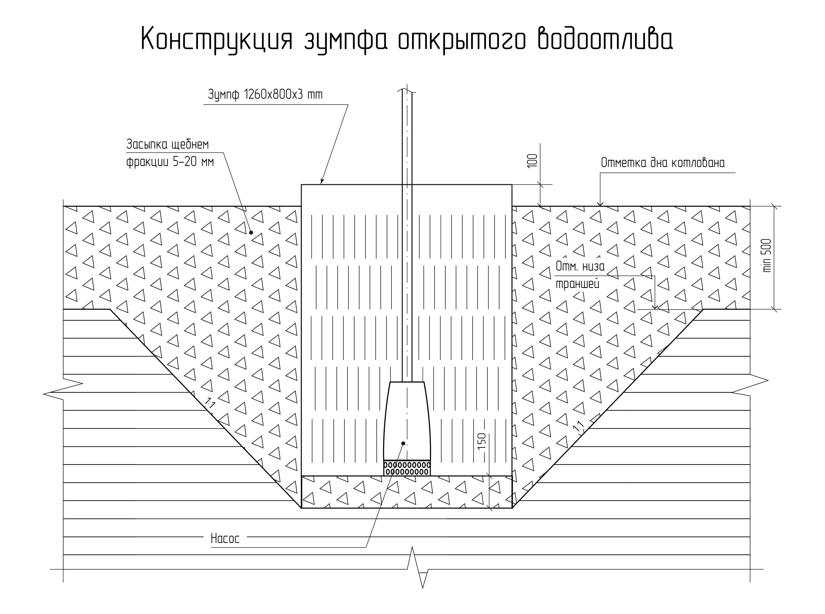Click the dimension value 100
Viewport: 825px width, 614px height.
coord(532,161)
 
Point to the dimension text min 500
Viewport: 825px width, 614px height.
coord(767,256)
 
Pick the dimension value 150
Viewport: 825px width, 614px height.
coord(481,441)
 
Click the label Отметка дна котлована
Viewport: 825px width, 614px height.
coord(663,163)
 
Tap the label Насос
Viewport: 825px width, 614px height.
coord(225,539)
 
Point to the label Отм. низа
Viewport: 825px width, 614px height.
coord(580,266)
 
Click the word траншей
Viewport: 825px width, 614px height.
coord(577,284)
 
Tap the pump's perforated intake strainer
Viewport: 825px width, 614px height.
coord(407,468)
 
